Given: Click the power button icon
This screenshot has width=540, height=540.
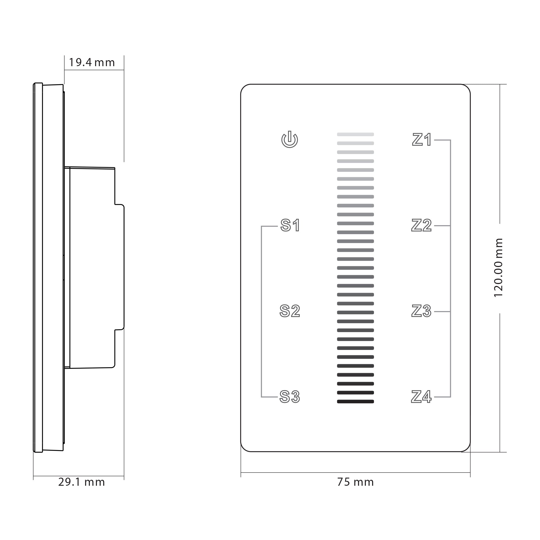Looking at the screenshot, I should (289, 140).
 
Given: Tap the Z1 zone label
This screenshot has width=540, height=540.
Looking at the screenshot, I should (422, 140).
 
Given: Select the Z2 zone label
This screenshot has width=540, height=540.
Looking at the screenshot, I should (421, 225).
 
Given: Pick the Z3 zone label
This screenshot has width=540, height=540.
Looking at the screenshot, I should (421, 311).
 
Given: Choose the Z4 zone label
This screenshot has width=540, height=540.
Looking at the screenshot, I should (421, 397).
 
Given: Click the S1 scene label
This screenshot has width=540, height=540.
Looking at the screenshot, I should (291, 225).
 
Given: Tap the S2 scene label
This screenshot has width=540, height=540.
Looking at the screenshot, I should (290, 311).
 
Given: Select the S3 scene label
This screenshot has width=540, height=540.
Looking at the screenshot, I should (290, 397).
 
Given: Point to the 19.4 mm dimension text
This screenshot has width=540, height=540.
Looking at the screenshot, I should (92, 62).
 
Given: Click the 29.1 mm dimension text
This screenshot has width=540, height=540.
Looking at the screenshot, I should (81, 482).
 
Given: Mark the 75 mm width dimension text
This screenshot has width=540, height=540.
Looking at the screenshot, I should (355, 482).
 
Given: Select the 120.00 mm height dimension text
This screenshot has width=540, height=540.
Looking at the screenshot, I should (498, 268).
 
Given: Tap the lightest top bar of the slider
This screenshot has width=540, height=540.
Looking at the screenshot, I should (355, 134).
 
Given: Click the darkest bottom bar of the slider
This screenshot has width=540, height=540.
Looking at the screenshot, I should (355, 402).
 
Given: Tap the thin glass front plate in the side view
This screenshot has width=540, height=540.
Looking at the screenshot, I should (38, 268).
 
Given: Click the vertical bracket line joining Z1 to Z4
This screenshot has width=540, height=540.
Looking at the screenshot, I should (451, 268).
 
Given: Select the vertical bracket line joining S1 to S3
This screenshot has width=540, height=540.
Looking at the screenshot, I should (261, 311).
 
